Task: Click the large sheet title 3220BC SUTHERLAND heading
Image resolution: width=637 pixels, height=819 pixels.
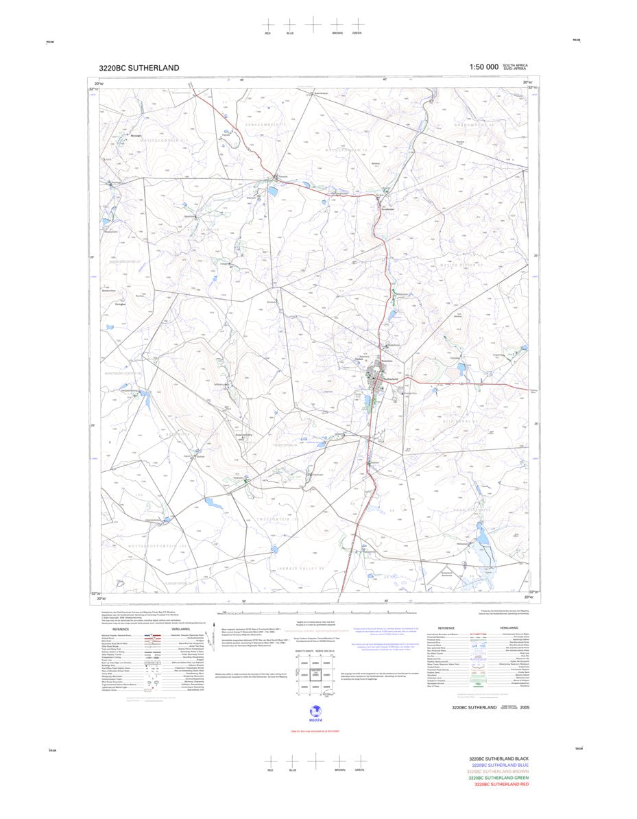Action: tap(139, 68)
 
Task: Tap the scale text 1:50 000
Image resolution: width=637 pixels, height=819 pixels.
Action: tap(483, 67)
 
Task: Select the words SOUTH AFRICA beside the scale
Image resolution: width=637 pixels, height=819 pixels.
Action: tap(516, 64)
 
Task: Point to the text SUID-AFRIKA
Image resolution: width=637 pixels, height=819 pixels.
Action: tap(515, 69)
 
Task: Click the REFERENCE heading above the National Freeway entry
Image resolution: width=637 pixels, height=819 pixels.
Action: tap(121, 629)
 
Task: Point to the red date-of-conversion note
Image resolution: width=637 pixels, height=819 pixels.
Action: tap(315, 731)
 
